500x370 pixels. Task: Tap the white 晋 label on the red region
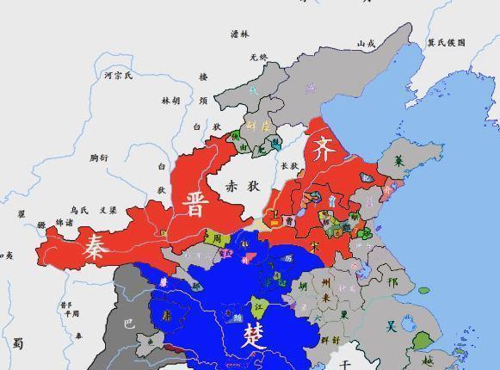click(195, 205)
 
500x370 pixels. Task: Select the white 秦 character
click(96, 249)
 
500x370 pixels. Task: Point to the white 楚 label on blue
click(254, 333)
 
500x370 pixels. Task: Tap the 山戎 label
click(366, 43)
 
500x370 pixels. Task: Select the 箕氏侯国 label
click(446, 42)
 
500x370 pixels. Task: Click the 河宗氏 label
click(118, 76)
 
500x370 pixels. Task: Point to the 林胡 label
click(171, 101)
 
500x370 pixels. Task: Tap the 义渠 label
click(108, 209)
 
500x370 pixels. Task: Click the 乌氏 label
click(79, 209)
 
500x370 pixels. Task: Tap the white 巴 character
click(130, 324)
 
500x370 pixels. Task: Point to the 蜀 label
click(18, 342)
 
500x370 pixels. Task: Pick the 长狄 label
click(289, 166)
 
